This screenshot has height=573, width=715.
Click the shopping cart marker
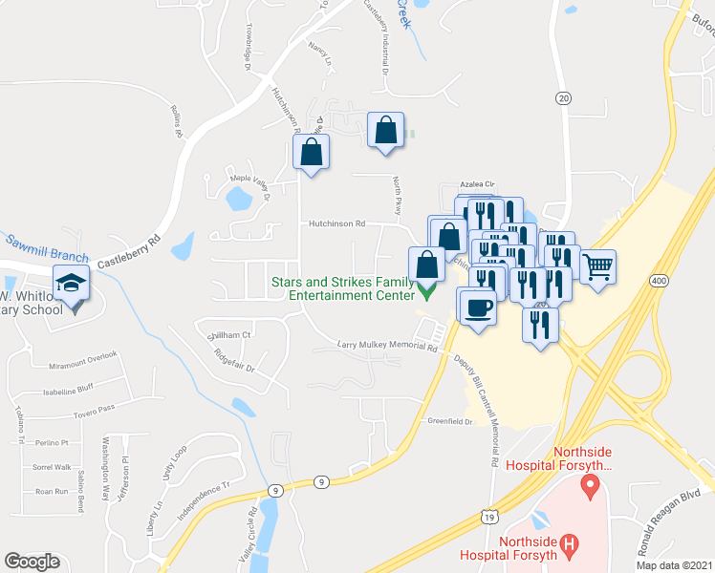coord(597,266)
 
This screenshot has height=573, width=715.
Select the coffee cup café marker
coord(477,308)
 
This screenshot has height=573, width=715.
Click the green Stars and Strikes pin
coord(426,289)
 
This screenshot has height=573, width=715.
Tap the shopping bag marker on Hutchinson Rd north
coord(311,152)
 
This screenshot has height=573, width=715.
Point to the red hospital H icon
coord(570,546)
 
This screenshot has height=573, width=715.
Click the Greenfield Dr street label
coord(450,420)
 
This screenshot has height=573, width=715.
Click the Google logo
coord(32,562)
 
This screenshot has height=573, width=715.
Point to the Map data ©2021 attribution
coord(674,565)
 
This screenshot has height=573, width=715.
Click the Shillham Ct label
coord(228,335)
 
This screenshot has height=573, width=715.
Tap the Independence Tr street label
coord(204,503)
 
